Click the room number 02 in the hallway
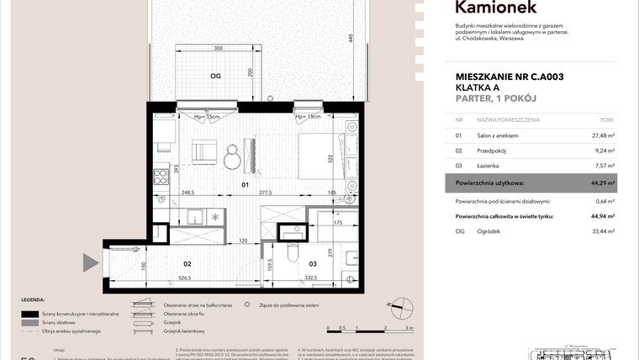tap(187, 262)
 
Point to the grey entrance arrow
tap(92, 262)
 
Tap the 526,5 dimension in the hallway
tap(186, 278)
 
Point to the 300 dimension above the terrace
tap(218, 49)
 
